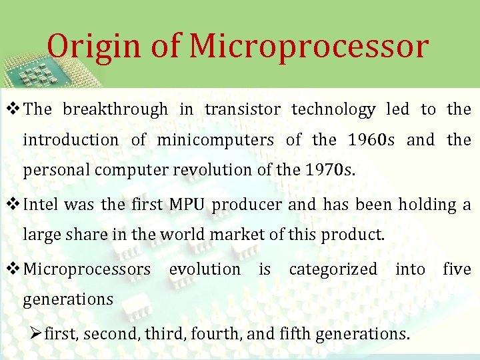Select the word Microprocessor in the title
point(309,47)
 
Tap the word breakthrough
point(115,110)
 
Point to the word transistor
point(243,110)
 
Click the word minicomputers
point(215,140)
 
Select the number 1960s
point(371,140)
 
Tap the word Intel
point(42,205)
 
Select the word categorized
point(333,269)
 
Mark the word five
point(457,269)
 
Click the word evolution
point(205,269)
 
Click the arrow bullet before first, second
point(37,333)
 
